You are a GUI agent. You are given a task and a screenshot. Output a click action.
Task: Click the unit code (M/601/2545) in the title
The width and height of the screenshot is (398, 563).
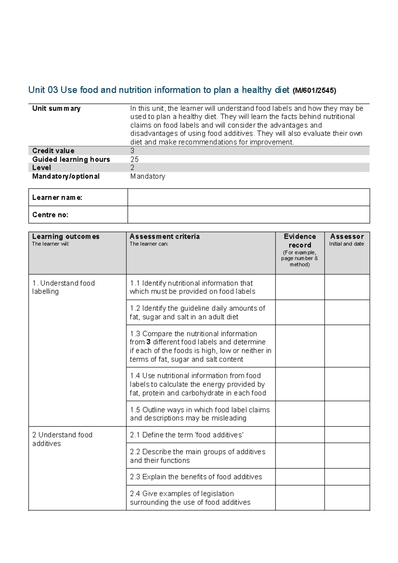point(314,91)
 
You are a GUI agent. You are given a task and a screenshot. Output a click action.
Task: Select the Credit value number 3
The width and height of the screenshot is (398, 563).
point(132,151)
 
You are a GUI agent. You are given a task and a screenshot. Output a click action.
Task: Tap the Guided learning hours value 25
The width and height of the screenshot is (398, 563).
point(134,159)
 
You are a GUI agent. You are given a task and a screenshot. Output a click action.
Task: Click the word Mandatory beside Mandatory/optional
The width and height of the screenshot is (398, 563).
point(148,176)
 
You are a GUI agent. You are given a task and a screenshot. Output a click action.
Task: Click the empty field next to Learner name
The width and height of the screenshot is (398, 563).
point(248,198)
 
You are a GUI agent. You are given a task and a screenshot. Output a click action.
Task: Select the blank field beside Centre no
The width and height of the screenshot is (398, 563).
point(248,215)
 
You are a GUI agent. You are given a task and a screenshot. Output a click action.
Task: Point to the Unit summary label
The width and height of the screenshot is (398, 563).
point(56,109)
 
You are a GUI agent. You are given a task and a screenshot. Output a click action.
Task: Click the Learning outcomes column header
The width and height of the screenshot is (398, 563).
point(66,237)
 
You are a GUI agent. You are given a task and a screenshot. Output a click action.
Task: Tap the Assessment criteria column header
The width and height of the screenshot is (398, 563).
point(165,237)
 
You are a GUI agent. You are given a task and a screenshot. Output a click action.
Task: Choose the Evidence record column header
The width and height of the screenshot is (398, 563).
point(300,241)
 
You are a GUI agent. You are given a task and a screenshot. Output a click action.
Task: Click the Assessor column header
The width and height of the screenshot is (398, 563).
point(347,237)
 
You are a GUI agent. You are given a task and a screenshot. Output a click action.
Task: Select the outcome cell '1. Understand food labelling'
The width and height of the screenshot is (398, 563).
point(63,287)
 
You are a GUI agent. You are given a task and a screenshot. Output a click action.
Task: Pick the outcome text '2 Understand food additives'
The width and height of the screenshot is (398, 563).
point(62,439)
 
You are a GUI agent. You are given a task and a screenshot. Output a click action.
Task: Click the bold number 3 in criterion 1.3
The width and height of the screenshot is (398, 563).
point(148,342)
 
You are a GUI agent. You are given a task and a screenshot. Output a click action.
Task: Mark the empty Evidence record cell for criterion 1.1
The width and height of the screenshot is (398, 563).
point(300,287)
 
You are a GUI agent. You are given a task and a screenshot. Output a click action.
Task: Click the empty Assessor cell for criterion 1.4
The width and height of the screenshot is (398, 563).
point(347,384)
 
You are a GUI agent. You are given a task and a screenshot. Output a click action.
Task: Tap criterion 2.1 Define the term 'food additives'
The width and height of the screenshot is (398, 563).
point(187,435)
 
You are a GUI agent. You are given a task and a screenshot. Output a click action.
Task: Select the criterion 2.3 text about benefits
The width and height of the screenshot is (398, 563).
point(196,477)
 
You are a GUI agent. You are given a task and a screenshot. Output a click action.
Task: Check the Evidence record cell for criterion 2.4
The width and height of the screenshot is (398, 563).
point(300,498)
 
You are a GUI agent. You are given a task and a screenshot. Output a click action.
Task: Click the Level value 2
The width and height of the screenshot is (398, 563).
point(132,168)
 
